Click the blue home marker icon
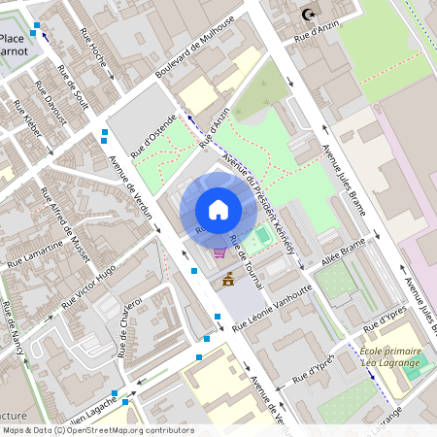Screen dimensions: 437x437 click(x=218, y=210)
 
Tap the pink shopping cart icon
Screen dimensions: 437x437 click(x=220, y=252)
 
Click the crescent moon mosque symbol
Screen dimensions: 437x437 click(x=309, y=15)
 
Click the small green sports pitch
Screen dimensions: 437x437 click(x=261, y=235)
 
